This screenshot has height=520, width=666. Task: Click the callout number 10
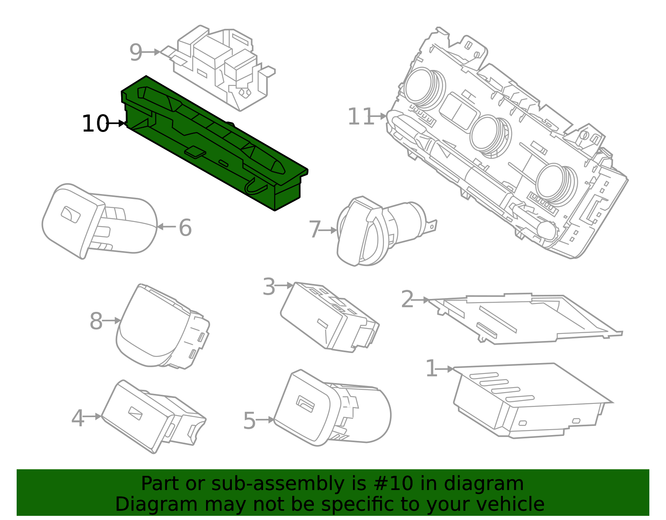95,124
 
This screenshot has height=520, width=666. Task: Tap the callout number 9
136,52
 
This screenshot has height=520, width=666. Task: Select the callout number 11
360,117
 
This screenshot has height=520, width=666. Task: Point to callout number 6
185,228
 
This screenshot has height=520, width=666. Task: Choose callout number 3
269,286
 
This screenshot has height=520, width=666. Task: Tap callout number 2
407,299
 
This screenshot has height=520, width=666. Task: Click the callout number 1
431,369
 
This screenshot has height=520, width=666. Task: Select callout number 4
78,418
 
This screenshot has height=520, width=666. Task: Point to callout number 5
249,420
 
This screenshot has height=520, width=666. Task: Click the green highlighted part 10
212,142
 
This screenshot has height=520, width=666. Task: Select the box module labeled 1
529,400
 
